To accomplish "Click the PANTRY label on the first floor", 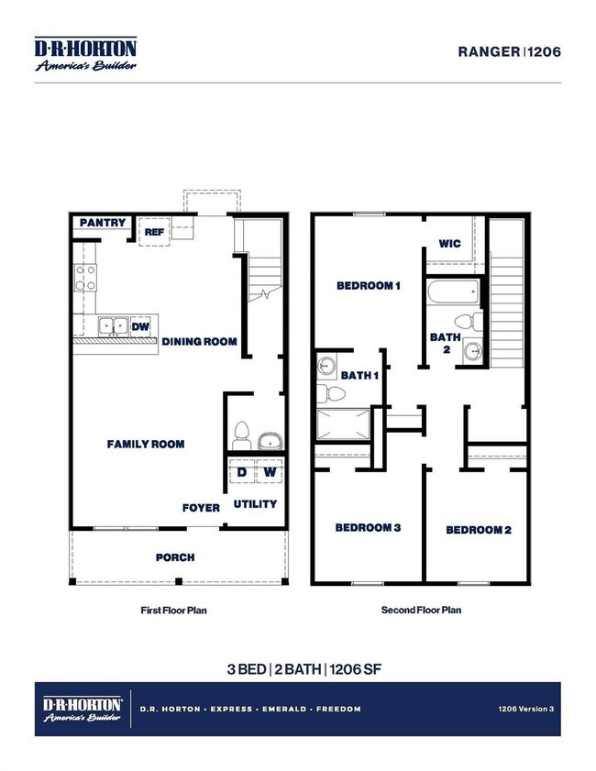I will pyautogui.click(x=102, y=223).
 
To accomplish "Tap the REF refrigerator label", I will pyautogui.click(x=154, y=234).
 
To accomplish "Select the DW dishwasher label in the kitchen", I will pyautogui.click(x=140, y=325).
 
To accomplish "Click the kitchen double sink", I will pyautogui.click(x=114, y=325).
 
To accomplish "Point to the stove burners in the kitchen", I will pyautogui.click(x=85, y=278).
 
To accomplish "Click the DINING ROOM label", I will pyautogui.click(x=199, y=342).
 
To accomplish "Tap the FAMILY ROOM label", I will pyautogui.click(x=146, y=445).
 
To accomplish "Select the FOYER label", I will pyautogui.click(x=201, y=507).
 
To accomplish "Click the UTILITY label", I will pyautogui.click(x=255, y=504).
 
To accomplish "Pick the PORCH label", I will pyautogui.click(x=174, y=556).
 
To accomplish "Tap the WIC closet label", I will pyautogui.click(x=449, y=244).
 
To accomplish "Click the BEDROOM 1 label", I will pyautogui.click(x=368, y=286).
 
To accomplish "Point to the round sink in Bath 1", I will pyautogui.click(x=327, y=367).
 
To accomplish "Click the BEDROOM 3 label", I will pyautogui.click(x=367, y=528).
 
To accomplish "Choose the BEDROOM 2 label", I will pyautogui.click(x=478, y=530).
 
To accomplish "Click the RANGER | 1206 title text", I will pyautogui.click(x=508, y=51).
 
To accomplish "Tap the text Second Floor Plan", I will pyautogui.click(x=421, y=610).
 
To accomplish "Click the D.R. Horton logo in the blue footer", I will pyautogui.click(x=83, y=709).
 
